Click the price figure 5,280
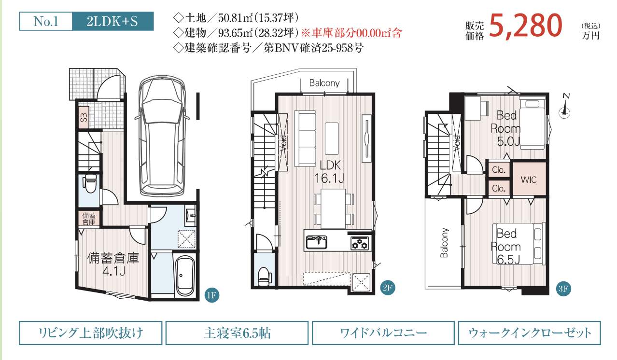[x=526, y=27]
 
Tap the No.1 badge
[x=46, y=21]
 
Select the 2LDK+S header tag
[x=112, y=21]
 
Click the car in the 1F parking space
[x=162, y=135]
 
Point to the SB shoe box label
[x=84, y=118]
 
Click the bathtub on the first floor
[x=185, y=276]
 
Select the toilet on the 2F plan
[x=263, y=277]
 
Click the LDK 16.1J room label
[x=330, y=172]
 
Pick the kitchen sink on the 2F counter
[x=317, y=242]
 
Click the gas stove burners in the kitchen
[x=360, y=243]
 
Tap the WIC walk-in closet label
[x=529, y=180]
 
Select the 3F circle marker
[x=563, y=289]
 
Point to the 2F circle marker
[x=388, y=288]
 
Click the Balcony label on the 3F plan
[x=444, y=242]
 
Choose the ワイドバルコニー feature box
[x=383, y=333]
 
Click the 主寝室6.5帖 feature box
[x=237, y=333]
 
